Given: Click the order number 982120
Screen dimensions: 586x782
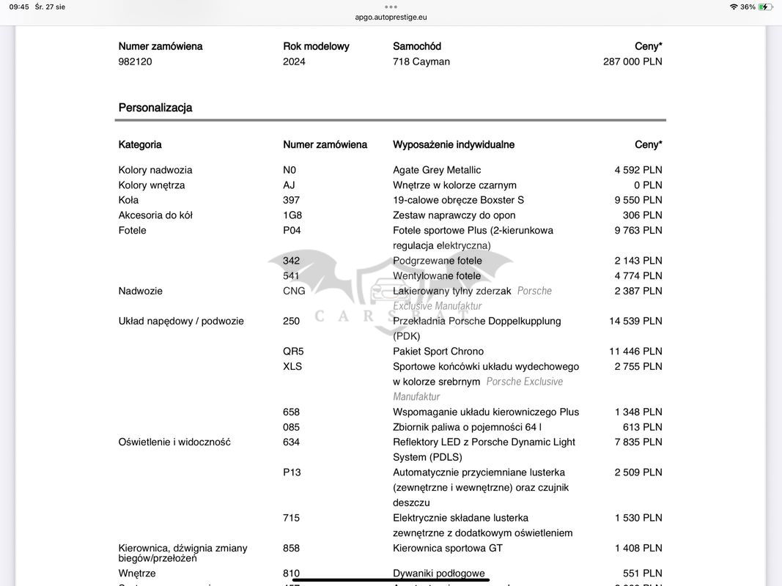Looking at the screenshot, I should click(136, 62).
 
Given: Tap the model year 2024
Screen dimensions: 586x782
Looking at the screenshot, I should click(295, 62).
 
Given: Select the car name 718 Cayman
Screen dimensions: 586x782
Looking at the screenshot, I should click(421, 62).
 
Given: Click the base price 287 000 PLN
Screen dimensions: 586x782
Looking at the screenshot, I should click(632, 62).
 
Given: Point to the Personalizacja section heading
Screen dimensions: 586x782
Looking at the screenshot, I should click(155, 108).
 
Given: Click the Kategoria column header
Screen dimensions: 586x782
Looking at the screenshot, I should click(140, 144).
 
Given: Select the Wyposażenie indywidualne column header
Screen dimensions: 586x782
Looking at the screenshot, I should click(454, 144).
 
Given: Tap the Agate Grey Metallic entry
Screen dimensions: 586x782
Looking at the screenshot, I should click(437, 170).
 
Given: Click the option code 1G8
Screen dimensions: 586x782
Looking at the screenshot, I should click(292, 215).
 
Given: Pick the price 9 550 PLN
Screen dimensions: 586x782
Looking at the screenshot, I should click(638, 200).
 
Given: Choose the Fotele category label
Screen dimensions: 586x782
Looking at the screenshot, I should click(133, 230).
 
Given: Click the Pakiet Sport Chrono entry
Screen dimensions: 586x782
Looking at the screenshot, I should click(438, 351).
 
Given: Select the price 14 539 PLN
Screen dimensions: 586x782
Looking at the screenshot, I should click(635, 321).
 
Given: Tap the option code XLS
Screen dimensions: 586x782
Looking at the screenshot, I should click(292, 366).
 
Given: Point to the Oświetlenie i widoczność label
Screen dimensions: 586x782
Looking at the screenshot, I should click(174, 442).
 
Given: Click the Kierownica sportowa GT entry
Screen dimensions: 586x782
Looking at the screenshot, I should click(448, 548).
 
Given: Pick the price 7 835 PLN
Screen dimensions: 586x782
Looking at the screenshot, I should click(638, 442).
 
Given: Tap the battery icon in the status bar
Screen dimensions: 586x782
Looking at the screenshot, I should click(765, 7).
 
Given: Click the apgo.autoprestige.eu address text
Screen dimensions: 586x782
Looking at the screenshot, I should click(391, 17).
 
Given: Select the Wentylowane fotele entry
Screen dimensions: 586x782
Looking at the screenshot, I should click(437, 275).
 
